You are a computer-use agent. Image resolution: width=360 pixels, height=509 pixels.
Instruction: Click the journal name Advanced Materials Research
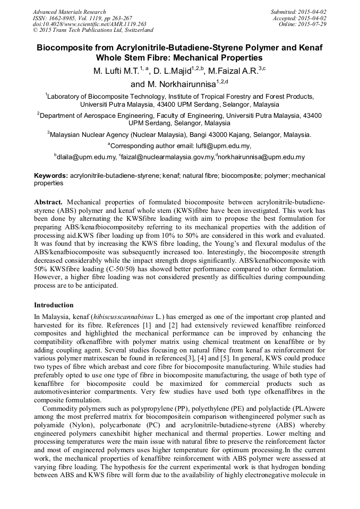[x=69, y=12]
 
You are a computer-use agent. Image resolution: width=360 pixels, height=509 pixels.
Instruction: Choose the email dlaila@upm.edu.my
[x=87, y=157]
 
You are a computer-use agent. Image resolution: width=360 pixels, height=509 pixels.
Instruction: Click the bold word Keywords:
[x=51, y=175]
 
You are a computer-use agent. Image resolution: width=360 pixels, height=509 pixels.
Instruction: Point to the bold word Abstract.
[x=48, y=202]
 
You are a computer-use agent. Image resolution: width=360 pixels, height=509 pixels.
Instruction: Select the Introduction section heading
[x=54, y=305]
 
